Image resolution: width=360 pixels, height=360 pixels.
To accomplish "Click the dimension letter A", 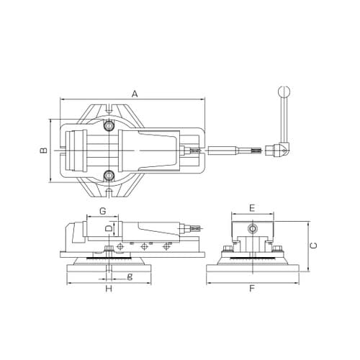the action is [135, 94].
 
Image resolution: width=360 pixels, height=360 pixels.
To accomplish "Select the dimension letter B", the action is [44, 150].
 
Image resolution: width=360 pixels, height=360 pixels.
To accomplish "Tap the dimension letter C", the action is [314, 246].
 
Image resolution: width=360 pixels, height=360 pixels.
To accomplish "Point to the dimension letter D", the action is [109, 228].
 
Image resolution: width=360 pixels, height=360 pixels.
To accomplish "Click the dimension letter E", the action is [252, 208].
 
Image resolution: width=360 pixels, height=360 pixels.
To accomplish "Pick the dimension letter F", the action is [252, 288].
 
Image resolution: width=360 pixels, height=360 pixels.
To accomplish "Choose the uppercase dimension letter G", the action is [103, 211].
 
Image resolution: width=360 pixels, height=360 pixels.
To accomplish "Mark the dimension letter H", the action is [109, 289].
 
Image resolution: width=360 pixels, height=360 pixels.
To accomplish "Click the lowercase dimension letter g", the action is [130, 276].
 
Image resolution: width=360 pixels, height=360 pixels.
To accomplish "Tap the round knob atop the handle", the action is [284, 91].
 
